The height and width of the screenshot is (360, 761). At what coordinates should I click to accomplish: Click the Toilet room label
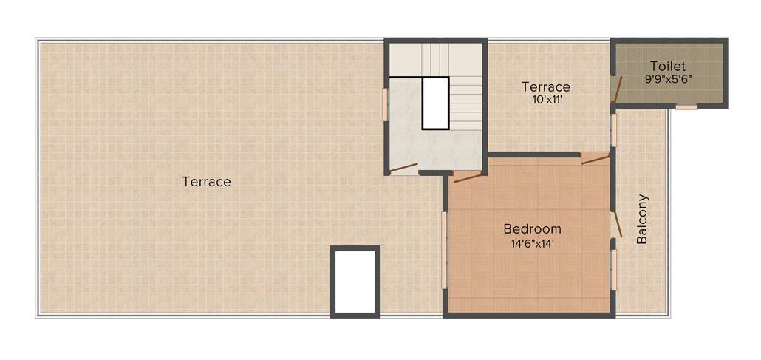pyautogui.click(x=668, y=66)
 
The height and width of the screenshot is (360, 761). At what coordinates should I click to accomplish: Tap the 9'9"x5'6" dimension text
pyautogui.click(x=668, y=78)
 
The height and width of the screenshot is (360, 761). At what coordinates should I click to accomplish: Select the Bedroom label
pyautogui.click(x=532, y=228)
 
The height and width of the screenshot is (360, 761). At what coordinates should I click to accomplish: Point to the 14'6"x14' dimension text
pyautogui.click(x=532, y=242)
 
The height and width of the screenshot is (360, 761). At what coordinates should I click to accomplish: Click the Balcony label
pyautogui.click(x=642, y=219)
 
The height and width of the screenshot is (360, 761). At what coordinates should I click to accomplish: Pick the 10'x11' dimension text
pyautogui.click(x=546, y=100)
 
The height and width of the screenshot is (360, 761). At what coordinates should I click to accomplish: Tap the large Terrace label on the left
pyautogui.click(x=207, y=181)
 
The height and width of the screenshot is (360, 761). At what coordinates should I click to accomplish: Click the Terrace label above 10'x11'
pyautogui.click(x=546, y=86)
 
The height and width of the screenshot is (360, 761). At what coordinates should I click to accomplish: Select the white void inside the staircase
pyautogui.click(x=435, y=103)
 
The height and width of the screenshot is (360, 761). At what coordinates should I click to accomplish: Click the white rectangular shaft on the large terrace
pyautogui.click(x=355, y=282)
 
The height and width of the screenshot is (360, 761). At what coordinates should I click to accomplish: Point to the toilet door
pyautogui.click(x=615, y=88)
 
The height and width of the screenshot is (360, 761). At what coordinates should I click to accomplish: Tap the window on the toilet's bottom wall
pyautogui.click(x=686, y=107)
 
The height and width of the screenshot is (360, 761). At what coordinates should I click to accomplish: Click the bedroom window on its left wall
pyautogui.click(x=444, y=250)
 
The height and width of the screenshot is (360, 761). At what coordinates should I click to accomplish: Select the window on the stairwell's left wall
pyautogui.click(x=385, y=104)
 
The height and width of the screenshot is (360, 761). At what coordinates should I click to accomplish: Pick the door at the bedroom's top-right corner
pyautogui.click(x=595, y=157)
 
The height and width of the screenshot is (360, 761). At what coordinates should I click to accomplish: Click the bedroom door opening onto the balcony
pyautogui.click(x=617, y=224)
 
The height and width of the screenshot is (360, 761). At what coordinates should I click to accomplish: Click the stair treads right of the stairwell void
pyautogui.click(x=465, y=103)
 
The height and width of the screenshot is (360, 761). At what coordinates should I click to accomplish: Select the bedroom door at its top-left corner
pyautogui.click(x=467, y=176)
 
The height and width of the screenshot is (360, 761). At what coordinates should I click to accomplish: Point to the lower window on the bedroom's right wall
pyautogui.click(x=613, y=269)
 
